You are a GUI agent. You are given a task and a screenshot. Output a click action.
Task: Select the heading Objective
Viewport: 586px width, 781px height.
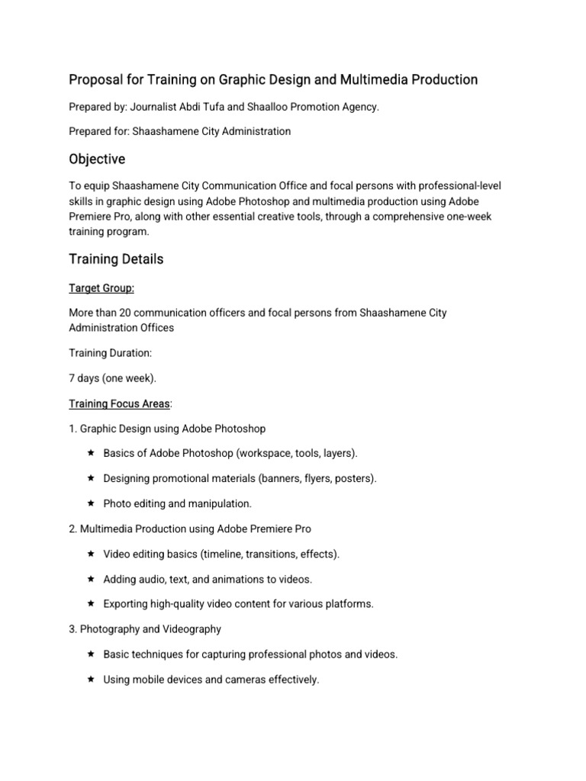click(x=97, y=159)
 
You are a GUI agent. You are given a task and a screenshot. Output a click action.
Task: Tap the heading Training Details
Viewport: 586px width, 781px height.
click(x=116, y=259)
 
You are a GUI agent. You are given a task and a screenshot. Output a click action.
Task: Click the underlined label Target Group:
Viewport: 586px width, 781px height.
click(x=101, y=289)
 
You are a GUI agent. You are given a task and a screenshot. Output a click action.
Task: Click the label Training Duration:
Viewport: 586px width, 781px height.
click(x=110, y=353)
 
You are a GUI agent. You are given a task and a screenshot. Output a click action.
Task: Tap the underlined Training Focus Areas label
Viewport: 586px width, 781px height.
click(x=119, y=403)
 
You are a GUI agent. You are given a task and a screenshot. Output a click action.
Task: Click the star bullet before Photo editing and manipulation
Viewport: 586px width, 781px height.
click(x=90, y=503)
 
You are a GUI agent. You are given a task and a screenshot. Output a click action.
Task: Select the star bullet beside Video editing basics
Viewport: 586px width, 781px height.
click(x=90, y=554)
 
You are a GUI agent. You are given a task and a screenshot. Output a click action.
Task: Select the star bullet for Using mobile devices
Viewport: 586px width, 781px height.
click(x=90, y=679)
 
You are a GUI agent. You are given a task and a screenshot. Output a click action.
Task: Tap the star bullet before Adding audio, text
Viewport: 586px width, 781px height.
click(x=90, y=579)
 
